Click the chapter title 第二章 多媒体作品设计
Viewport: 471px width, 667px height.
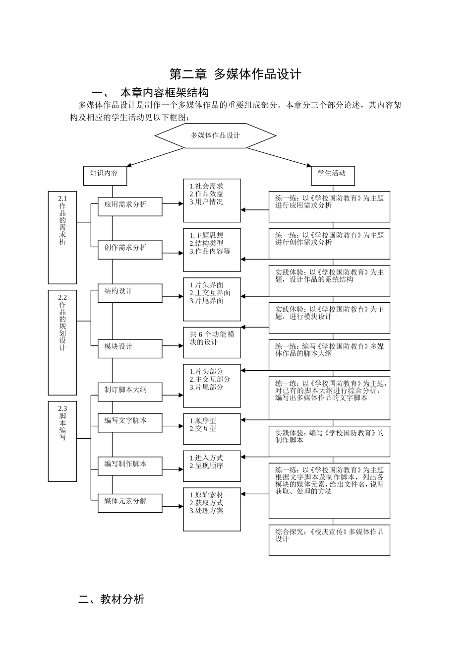click(x=235, y=74)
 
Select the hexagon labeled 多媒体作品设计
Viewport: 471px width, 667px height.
click(x=215, y=135)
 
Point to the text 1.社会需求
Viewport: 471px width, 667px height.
click(x=206, y=186)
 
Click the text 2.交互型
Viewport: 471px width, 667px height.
click(x=203, y=429)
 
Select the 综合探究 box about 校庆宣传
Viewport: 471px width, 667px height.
click(x=329, y=540)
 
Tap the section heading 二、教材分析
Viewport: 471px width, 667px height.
click(x=111, y=600)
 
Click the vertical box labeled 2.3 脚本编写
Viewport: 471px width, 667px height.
click(x=62, y=441)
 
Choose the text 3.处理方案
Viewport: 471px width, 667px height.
click(x=206, y=511)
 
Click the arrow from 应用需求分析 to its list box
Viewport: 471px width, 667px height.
click(x=173, y=203)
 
